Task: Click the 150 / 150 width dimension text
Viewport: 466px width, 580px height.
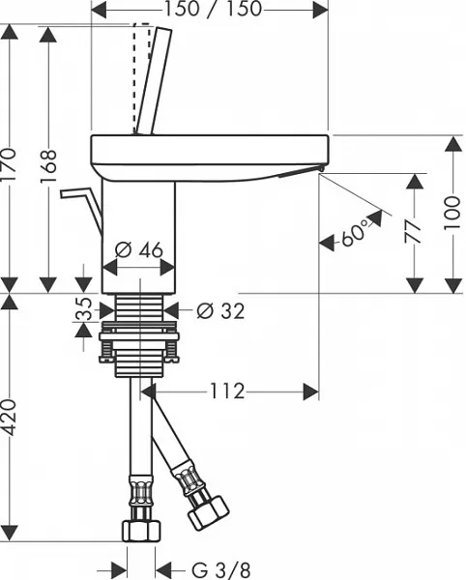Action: click(x=213, y=9)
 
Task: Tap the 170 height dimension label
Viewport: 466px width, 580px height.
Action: click(x=9, y=165)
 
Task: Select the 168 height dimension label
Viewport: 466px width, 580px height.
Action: click(x=48, y=166)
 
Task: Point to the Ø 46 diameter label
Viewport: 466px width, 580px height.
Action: click(x=138, y=250)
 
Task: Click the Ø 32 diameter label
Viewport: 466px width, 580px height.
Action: click(x=220, y=310)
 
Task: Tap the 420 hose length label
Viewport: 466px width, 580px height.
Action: click(x=9, y=417)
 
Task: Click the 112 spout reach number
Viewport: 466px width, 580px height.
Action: click(x=227, y=391)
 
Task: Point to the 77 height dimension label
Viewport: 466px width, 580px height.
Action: click(x=413, y=232)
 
